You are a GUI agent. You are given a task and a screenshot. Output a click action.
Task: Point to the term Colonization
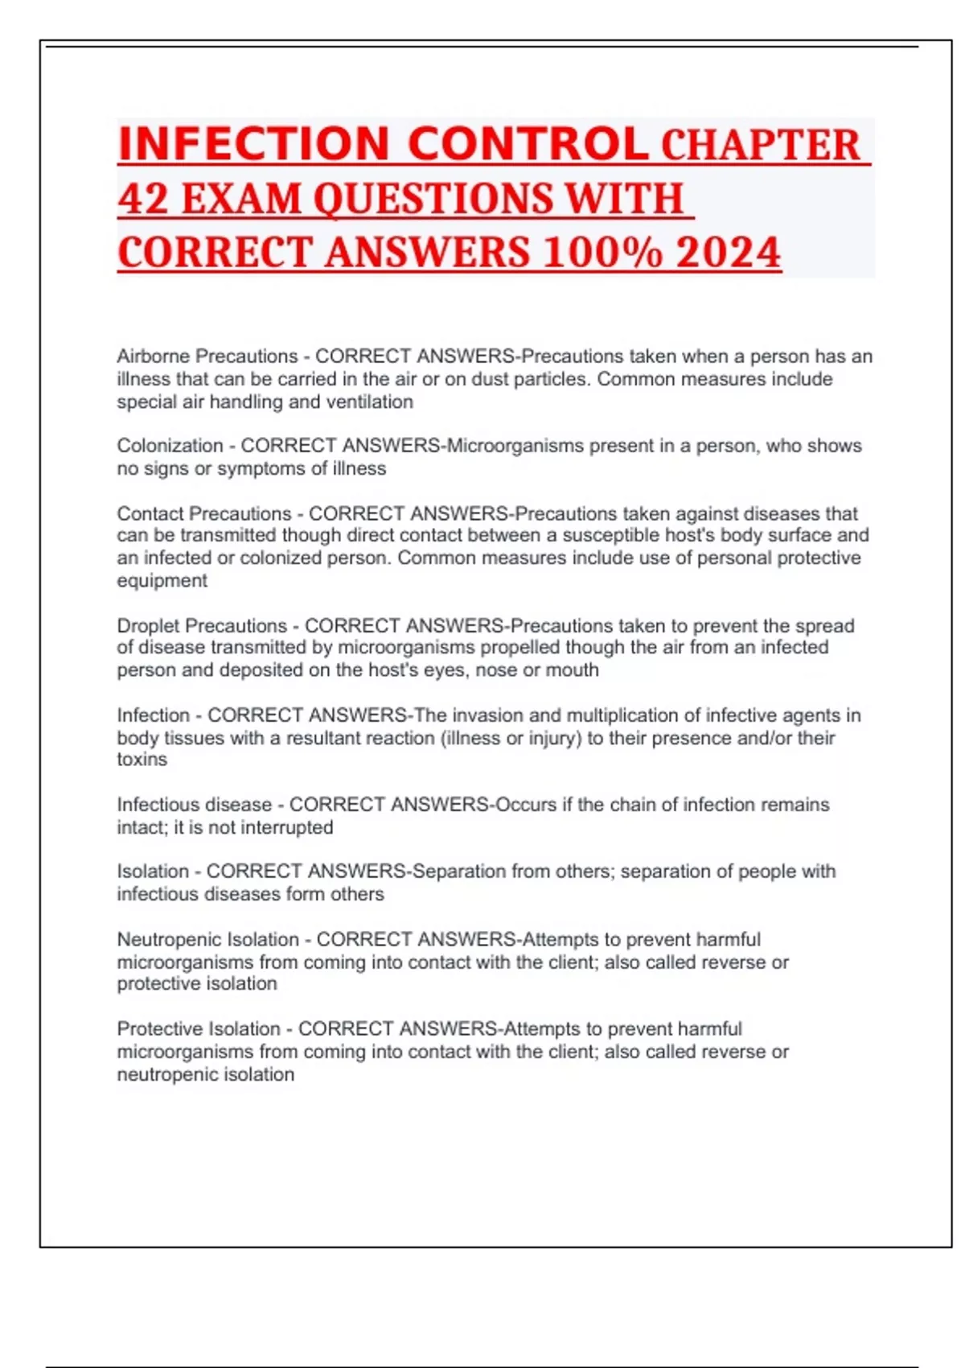[x=170, y=446]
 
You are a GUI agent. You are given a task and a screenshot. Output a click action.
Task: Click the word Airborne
[x=154, y=356]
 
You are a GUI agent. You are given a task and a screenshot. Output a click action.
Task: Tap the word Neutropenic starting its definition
[x=166, y=940]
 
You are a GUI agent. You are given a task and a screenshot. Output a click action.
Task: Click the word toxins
[x=142, y=760]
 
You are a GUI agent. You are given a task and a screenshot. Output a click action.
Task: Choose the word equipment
[x=162, y=581]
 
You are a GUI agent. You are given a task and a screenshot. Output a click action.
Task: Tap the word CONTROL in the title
[x=528, y=144]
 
